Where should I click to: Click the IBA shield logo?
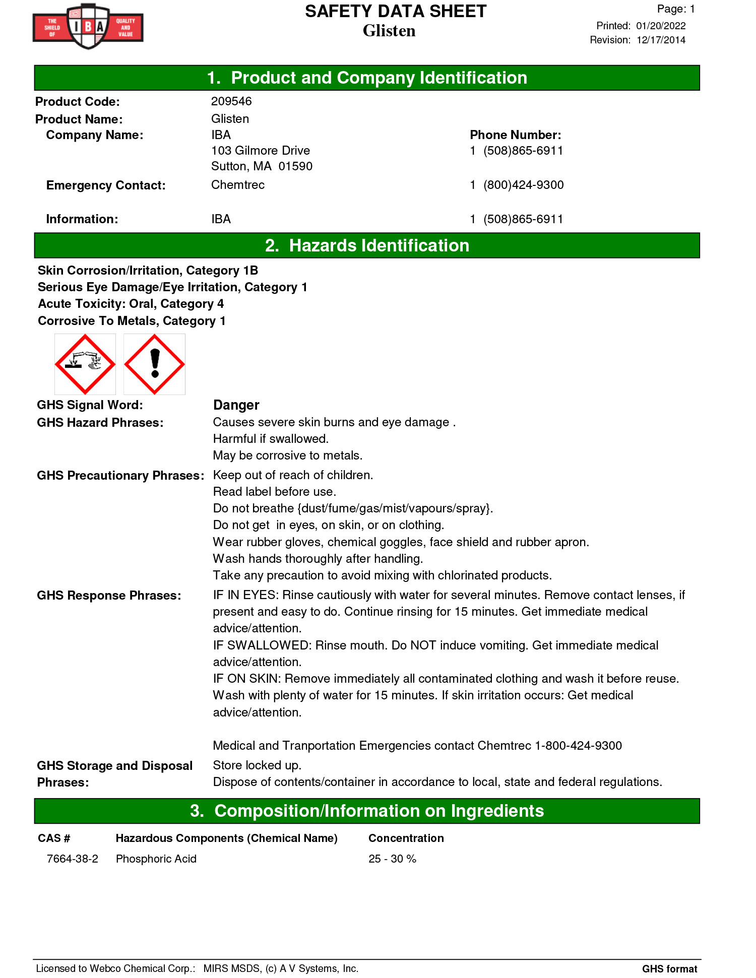coord(88,26)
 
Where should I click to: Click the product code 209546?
coord(231,101)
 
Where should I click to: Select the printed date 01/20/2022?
coord(661,26)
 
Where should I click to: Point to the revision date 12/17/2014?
coord(661,40)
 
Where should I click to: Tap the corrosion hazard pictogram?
coord(85,364)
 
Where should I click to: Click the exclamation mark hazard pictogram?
coord(155,364)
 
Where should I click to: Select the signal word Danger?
coord(236,405)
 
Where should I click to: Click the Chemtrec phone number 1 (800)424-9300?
coord(517,185)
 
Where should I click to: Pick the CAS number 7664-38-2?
coord(73,859)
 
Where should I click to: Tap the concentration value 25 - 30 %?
coord(392,859)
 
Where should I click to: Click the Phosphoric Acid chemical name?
coord(156,859)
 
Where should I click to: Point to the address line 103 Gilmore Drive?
coord(261,151)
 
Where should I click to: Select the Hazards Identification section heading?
coord(367,245)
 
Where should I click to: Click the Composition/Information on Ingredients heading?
coord(367,811)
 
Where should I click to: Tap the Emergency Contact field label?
coord(106,185)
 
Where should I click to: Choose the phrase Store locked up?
coord(257,765)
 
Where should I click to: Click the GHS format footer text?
coord(669,968)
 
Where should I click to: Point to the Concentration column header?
coord(406,838)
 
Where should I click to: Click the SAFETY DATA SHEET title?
coord(396,12)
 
